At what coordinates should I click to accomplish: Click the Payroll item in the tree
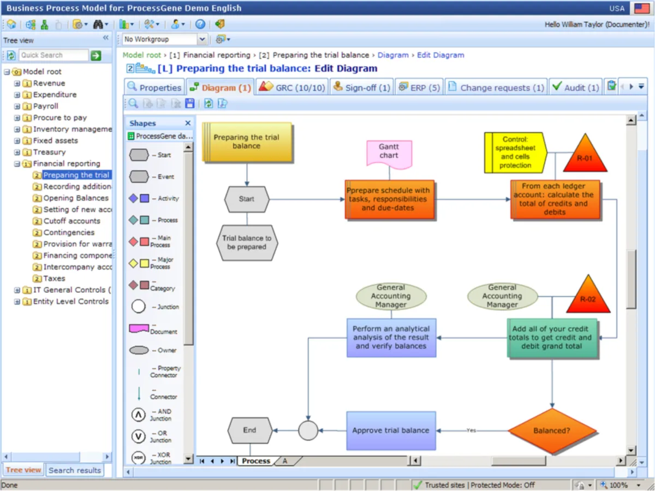[x=45, y=106]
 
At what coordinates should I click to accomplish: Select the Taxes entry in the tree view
[x=54, y=278]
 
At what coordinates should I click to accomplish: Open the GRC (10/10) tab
[x=293, y=87]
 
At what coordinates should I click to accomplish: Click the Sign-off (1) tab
[x=361, y=87]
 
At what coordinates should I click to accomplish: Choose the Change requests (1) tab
[x=496, y=87]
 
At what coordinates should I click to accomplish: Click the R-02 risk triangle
[x=587, y=297]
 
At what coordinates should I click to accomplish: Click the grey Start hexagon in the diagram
[x=247, y=199]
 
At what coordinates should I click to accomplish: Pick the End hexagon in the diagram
[x=249, y=430]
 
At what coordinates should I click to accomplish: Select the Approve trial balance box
[x=391, y=430]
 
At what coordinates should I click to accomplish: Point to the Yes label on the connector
[x=472, y=430]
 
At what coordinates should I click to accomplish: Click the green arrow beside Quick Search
[x=96, y=55]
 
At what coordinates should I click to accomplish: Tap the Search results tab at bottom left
[x=74, y=470]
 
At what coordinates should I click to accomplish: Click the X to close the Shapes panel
[x=188, y=123]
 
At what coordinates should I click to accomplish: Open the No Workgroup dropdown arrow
[x=203, y=39]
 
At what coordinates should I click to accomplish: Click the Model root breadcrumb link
[x=142, y=55]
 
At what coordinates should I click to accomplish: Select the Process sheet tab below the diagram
[x=256, y=461]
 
